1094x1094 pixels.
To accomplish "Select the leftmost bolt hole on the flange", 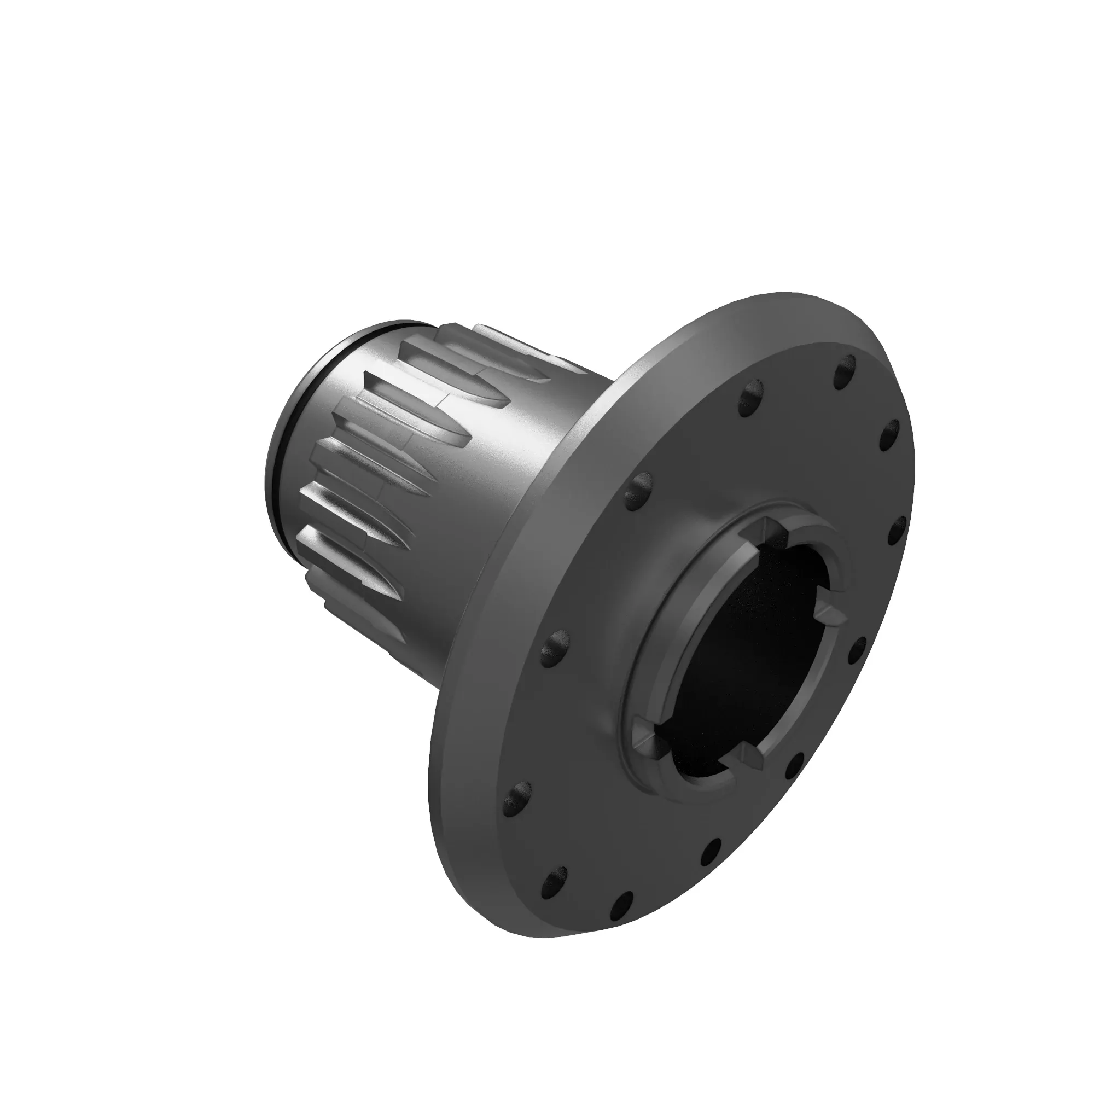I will pyautogui.click(x=516, y=798).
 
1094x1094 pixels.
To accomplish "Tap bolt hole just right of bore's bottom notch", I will pyautogui.click(x=794, y=766).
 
